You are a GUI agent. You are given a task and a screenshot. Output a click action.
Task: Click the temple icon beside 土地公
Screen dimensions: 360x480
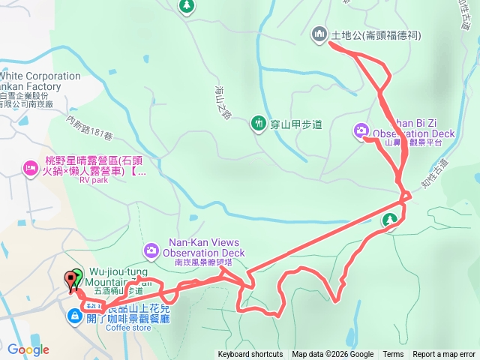tap(319, 34)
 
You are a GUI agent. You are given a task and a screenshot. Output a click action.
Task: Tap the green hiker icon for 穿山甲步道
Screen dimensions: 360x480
tap(259, 123)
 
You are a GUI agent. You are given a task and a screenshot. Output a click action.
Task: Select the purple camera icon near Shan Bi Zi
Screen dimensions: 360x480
tap(361, 131)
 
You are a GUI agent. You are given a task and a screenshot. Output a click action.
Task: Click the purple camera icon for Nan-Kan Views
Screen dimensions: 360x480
tap(151, 249)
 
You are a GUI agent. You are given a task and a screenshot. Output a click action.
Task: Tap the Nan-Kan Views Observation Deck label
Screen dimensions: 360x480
tap(204, 248)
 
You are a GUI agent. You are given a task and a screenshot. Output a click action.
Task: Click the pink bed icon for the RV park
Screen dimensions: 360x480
tap(31, 166)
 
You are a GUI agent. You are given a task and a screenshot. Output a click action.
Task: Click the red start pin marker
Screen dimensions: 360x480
tap(73, 280)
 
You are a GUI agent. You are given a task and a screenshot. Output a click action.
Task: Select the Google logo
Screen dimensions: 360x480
tap(28, 349)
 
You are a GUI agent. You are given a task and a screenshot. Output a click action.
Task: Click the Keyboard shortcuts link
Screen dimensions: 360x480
tap(250, 355)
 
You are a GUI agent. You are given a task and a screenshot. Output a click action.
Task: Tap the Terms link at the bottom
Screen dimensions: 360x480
tap(393, 355)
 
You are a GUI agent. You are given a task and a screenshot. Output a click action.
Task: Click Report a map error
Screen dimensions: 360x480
tap(445, 355)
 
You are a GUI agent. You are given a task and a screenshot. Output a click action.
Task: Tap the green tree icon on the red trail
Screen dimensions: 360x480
tap(389, 220)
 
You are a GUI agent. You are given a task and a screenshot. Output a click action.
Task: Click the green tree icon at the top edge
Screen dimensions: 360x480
tap(186, 7)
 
